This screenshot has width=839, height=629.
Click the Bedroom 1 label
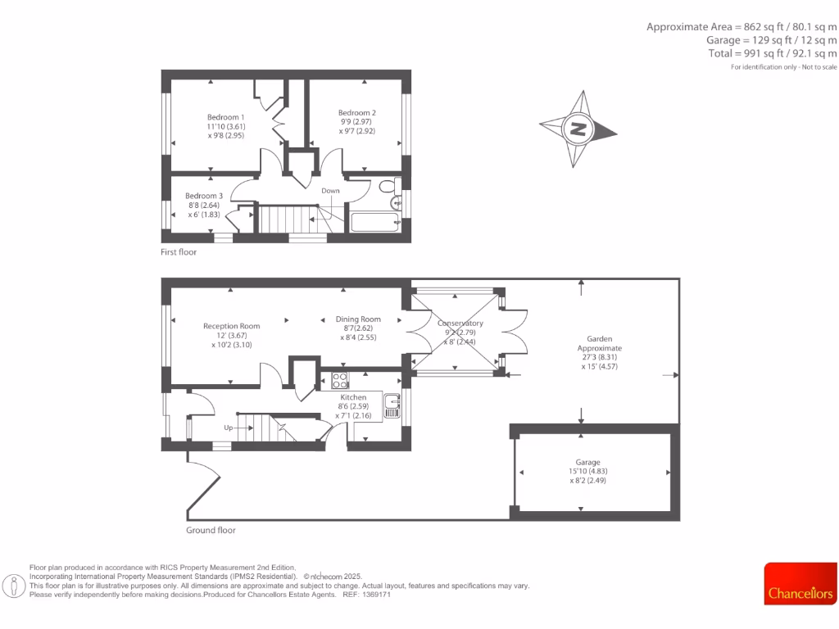click(x=225, y=117)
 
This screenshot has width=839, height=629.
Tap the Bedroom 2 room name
click(x=357, y=112)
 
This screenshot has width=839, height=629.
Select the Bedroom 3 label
click(x=204, y=196)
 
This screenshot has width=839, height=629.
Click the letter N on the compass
click(x=578, y=129)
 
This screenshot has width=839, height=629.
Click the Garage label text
click(x=587, y=462)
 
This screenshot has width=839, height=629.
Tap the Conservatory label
click(x=460, y=323)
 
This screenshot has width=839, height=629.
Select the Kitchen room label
click(x=353, y=397)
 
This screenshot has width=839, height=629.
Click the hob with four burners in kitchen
click(x=340, y=380)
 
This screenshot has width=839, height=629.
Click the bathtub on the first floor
click(x=374, y=223)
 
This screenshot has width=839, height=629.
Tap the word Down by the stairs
click(x=330, y=191)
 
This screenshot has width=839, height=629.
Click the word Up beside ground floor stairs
click(x=230, y=428)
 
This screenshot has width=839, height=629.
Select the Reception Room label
click(x=232, y=326)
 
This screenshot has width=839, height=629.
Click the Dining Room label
click(x=358, y=319)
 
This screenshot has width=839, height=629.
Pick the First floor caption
click(x=179, y=252)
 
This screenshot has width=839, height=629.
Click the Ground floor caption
click(x=211, y=530)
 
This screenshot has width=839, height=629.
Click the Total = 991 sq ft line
click(x=773, y=53)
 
